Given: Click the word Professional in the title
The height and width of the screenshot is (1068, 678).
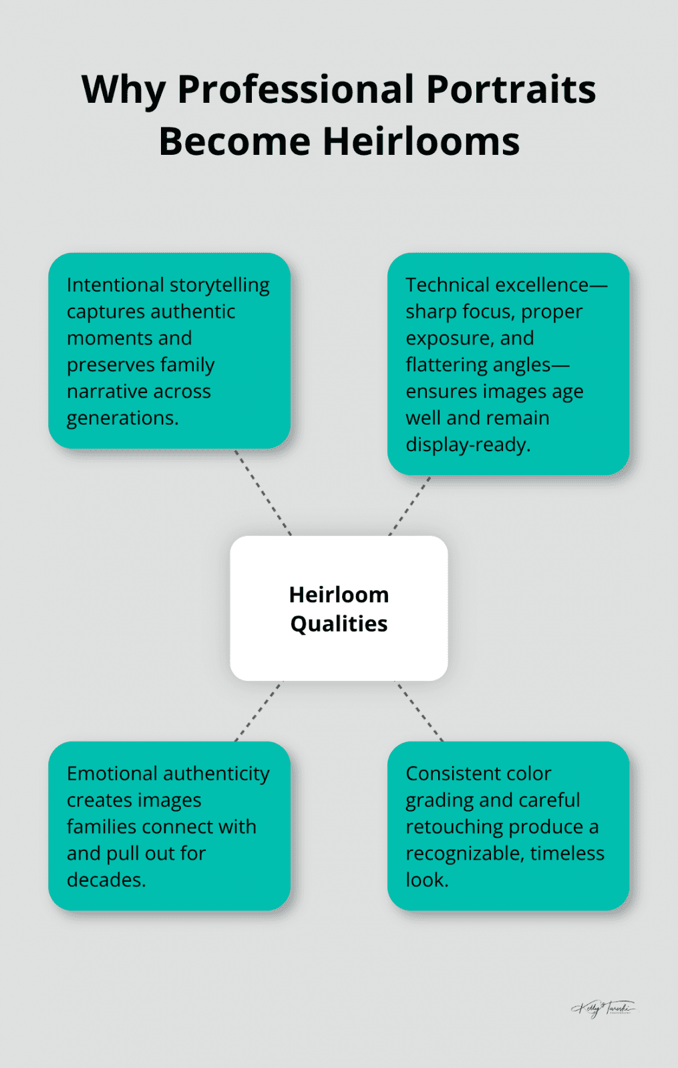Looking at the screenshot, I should click(x=295, y=90).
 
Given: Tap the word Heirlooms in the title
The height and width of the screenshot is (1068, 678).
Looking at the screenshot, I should click(x=421, y=142).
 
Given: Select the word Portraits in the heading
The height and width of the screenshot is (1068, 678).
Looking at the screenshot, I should click(x=510, y=90).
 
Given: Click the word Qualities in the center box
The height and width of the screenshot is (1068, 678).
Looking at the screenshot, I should click(x=339, y=623).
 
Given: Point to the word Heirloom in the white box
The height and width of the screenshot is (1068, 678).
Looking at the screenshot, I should click(x=339, y=594).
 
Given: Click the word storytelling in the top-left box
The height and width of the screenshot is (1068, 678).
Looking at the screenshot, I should click(x=220, y=285).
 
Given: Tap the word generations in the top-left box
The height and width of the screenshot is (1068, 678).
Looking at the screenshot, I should click(x=122, y=418).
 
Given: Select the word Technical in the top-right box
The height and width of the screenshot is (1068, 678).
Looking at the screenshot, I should click(x=448, y=285).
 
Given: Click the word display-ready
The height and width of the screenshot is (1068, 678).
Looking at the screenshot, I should click(x=468, y=445).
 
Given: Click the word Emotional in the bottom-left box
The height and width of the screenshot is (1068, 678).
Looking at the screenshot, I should click(x=112, y=774).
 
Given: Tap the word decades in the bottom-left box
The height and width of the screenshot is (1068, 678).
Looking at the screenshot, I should click(x=106, y=880).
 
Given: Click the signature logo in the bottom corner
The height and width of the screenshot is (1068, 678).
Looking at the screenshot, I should click(x=604, y=1008).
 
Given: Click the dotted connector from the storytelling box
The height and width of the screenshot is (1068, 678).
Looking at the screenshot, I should click(x=263, y=492).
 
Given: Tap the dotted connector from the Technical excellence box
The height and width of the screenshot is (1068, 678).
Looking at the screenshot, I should click(x=409, y=506).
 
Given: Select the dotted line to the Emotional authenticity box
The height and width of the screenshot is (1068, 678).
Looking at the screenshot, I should click(x=259, y=711).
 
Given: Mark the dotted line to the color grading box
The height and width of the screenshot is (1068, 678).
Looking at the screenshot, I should click(x=419, y=711).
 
